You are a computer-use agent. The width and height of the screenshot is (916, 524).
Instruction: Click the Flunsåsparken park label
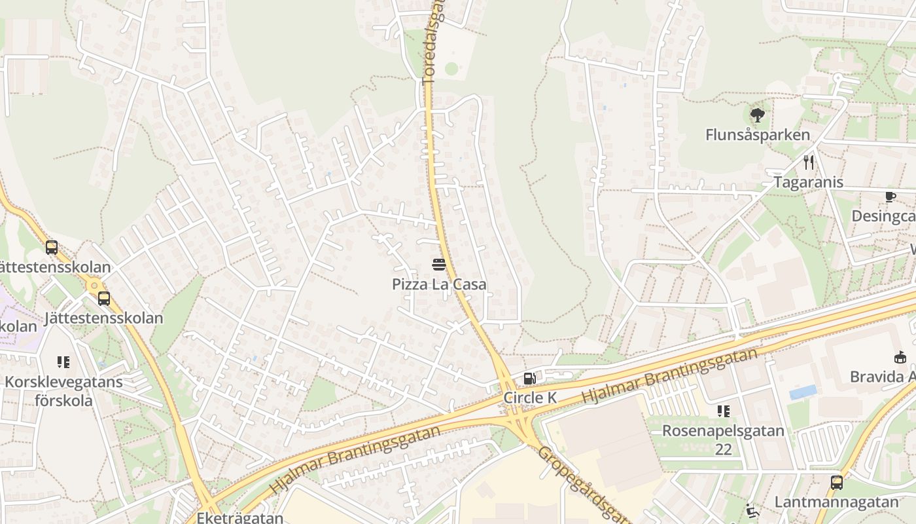(x=758, y=135)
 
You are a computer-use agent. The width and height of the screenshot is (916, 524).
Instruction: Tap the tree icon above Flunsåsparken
(x=758, y=116)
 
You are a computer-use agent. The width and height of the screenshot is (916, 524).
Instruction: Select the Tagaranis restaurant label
(x=809, y=182)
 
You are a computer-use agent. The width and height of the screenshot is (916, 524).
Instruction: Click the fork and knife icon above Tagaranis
(x=809, y=162)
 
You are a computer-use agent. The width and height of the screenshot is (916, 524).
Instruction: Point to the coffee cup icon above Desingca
(x=890, y=196)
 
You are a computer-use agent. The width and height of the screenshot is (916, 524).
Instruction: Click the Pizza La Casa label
(x=439, y=284)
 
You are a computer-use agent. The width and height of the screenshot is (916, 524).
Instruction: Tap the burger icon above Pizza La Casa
(x=439, y=265)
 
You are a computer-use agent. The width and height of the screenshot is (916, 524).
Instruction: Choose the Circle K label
(x=530, y=398)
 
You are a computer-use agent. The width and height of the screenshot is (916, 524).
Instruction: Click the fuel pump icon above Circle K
(x=530, y=378)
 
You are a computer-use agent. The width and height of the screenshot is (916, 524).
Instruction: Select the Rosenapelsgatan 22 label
(x=723, y=440)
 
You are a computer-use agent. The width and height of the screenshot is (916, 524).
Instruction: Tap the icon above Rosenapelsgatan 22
(x=723, y=411)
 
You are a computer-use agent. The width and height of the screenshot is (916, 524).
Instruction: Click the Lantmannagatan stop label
(x=837, y=502)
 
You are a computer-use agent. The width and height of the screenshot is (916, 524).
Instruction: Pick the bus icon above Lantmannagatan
(x=837, y=483)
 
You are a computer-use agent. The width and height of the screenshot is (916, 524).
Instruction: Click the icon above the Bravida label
(x=900, y=357)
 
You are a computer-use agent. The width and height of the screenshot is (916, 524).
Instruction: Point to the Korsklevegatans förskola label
(x=63, y=391)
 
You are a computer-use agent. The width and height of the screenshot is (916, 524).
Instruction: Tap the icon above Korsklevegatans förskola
(x=63, y=362)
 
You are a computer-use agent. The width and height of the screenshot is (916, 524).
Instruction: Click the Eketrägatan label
(x=240, y=517)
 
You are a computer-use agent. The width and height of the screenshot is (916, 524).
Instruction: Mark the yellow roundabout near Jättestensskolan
(x=96, y=285)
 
